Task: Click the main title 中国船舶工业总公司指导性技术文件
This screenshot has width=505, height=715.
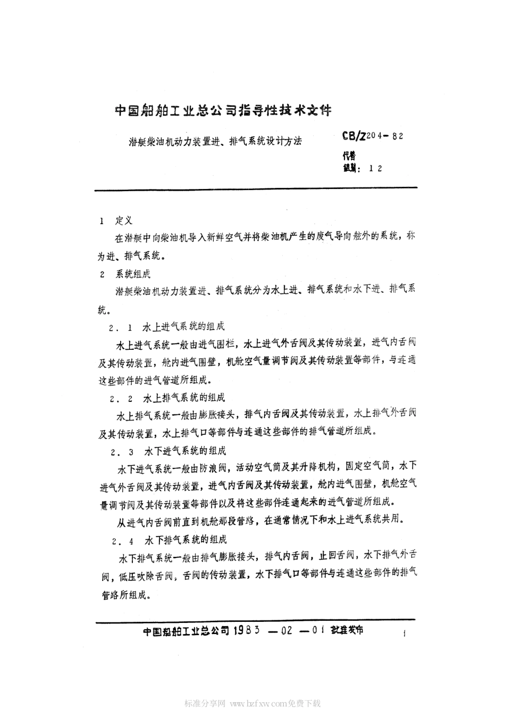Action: pyautogui.click(x=223, y=111)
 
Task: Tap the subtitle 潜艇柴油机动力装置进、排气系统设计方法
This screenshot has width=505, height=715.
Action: pyautogui.click(x=215, y=142)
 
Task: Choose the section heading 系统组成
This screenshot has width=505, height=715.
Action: pyautogui.click(x=133, y=275)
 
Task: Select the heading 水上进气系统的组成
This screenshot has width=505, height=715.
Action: pyautogui.click(x=184, y=326)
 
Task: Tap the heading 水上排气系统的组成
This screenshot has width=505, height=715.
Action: pyautogui.click(x=184, y=398)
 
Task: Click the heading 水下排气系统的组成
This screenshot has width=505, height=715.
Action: pyautogui.click(x=184, y=541)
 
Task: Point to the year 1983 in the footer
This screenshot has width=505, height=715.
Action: pyautogui.click(x=245, y=630)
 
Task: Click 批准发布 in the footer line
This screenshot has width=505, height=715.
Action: pyautogui.click(x=347, y=630)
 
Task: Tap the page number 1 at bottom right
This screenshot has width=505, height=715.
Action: pyautogui.click(x=405, y=634)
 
